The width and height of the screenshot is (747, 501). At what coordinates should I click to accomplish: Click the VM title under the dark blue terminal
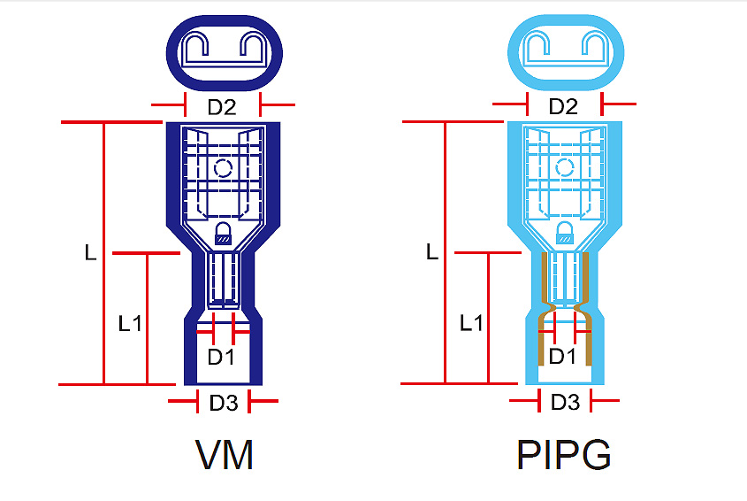[225, 455]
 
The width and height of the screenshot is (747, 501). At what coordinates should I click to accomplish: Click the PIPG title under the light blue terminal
[563, 455]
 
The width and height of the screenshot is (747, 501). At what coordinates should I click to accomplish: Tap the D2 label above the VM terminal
[222, 108]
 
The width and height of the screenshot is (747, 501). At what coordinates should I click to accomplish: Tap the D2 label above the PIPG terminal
[563, 107]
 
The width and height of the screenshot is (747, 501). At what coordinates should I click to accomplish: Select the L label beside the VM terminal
[90, 252]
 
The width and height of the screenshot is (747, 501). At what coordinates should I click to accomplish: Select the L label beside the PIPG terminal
[432, 251]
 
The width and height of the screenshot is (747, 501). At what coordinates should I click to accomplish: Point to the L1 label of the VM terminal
[130, 324]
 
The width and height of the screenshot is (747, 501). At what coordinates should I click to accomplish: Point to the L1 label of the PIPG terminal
[472, 324]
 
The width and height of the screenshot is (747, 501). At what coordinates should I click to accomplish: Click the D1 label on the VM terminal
[221, 358]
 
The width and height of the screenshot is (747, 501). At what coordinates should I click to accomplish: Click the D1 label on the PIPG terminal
[563, 357]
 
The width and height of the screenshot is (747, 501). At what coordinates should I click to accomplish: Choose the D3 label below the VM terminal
[224, 404]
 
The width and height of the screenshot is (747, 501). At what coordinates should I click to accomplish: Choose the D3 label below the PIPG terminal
[565, 403]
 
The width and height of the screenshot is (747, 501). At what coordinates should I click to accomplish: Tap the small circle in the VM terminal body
[223, 167]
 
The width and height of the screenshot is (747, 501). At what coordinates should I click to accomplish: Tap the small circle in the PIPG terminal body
[564, 167]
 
